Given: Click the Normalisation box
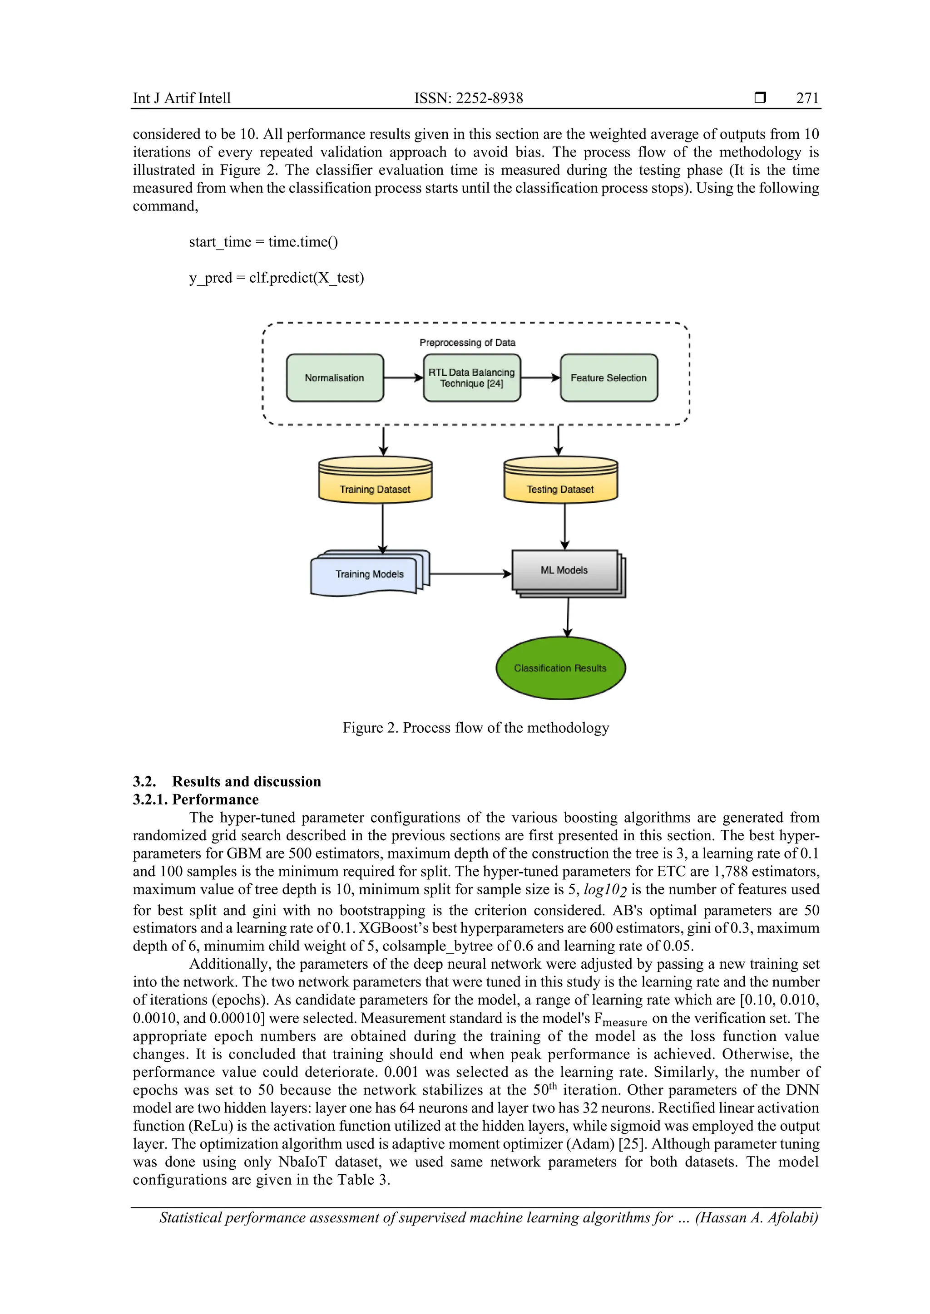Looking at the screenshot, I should click(334, 378).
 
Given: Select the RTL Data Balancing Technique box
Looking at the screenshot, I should click(471, 378).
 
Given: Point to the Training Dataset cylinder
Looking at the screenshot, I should click(375, 481).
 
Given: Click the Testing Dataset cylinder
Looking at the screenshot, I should click(560, 481).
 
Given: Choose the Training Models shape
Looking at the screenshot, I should click(369, 574).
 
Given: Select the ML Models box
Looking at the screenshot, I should click(564, 571).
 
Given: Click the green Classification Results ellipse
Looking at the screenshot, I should click(560, 668).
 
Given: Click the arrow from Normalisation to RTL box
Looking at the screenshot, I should click(403, 378).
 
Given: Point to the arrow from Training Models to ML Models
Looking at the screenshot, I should click(470, 574).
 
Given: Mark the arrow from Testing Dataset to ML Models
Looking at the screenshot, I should click(564, 526).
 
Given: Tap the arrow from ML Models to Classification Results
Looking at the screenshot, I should click(568, 618).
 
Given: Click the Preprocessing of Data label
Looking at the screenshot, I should click(467, 342).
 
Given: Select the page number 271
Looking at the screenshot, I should click(807, 98).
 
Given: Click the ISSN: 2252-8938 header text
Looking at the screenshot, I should click(469, 98).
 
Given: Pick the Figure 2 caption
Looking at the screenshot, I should click(475, 727).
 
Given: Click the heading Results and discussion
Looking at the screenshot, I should click(246, 781).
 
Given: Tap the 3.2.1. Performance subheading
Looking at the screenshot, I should click(196, 799).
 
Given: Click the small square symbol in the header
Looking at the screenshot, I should click(760, 98).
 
